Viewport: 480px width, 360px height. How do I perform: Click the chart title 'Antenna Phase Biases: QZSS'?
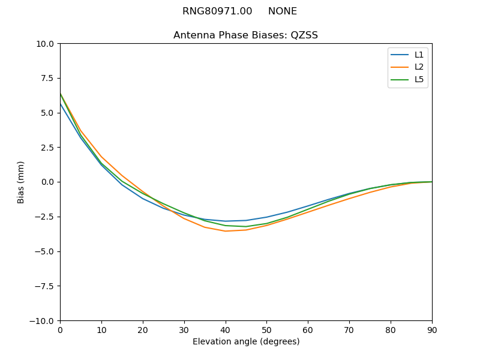click(245, 35)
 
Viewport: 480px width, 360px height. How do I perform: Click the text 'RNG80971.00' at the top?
click(217, 11)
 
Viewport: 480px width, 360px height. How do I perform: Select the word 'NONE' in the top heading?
click(282, 11)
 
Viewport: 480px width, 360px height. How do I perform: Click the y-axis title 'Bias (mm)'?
click(21, 182)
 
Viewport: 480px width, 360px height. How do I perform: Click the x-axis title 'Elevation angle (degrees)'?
click(245, 342)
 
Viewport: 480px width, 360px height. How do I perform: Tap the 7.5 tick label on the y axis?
click(46, 78)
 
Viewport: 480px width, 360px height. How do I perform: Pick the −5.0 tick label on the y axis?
click(43, 251)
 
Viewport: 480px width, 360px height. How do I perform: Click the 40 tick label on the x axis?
click(225, 330)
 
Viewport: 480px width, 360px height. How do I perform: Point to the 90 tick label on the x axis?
click(431, 330)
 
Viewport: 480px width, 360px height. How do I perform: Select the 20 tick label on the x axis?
click(143, 330)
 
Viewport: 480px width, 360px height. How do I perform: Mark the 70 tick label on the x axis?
click(349, 330)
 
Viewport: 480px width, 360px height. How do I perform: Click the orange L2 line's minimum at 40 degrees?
click(225, 231)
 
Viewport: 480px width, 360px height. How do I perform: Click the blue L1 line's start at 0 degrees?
click(61, 104)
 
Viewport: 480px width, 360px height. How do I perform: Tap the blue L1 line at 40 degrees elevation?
click(225, 221)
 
